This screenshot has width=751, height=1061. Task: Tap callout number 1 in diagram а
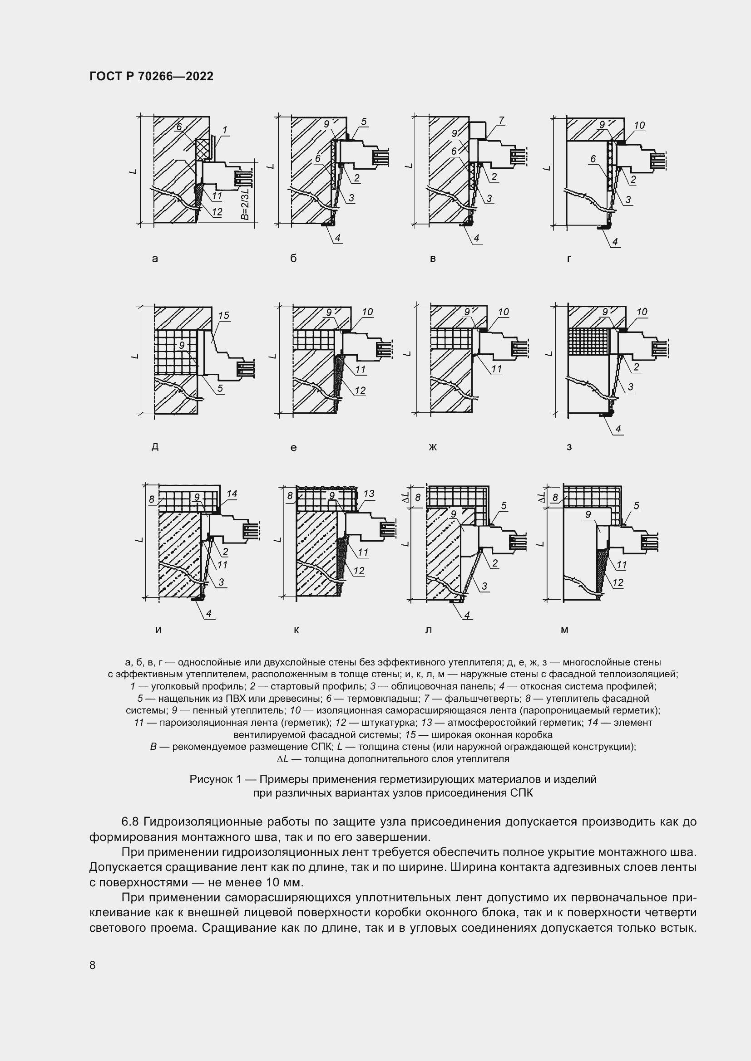pyautogui.click(x=225, y=131)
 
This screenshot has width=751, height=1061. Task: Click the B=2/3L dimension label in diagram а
pyautogui.click(x=246, y=202)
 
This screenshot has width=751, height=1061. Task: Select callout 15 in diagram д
pyautogui.click(x=223, y=316)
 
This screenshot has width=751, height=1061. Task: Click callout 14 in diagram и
pyautogui.click(x=232, y=494)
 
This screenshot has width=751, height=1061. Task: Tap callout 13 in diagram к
pyautogui.click(x=369, y=494)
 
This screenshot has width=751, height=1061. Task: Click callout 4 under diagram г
pyautogui.click(x=615, y=241)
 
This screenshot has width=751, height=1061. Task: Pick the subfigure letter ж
pyautogui.click(x=433, y=447)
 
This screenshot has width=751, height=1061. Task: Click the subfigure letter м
pyautogui.click(x=564, y=630)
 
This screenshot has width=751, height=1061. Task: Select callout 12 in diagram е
pyautogui.click(x=360, y=391)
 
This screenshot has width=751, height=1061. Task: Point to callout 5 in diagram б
pyautogui.click(x=364, y=122)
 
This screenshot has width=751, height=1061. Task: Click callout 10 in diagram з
pyautogui.click(x=642, y=312)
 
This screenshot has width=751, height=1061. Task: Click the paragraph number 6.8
pyautogui.click(x=130, y=821)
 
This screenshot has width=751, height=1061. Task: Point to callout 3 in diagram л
pyautogui.click(x=484, y=587)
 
